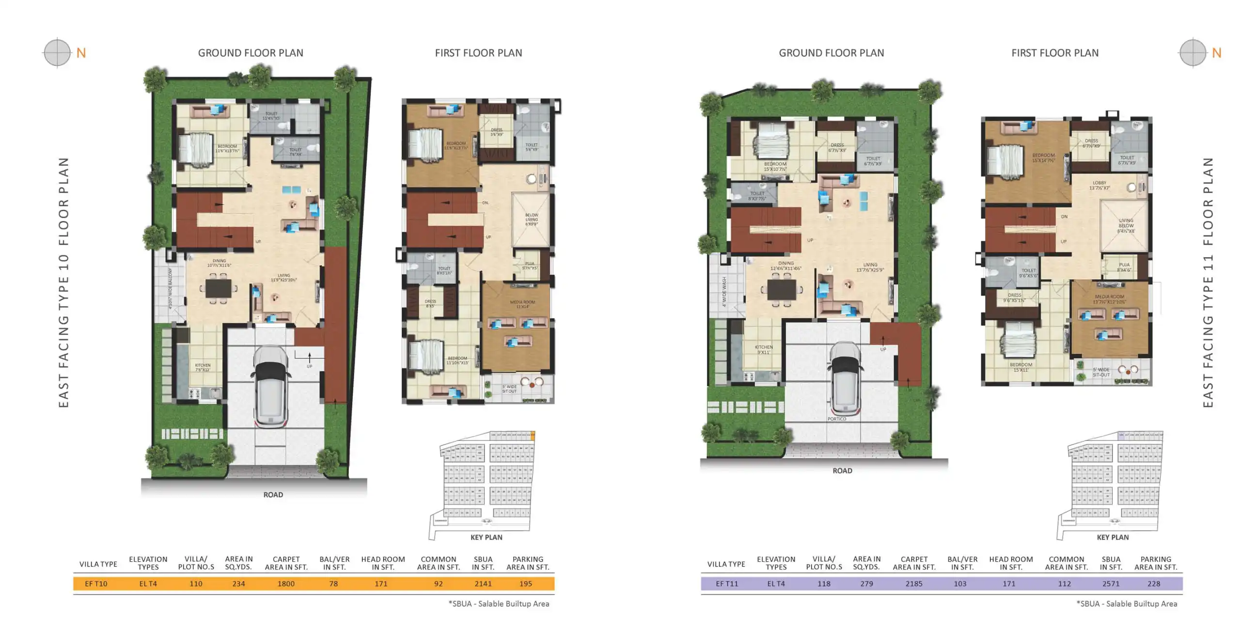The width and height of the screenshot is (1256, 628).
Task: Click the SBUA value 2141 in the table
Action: (x=483, y=583)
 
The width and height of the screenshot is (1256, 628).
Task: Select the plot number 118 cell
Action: (x=823, y=583)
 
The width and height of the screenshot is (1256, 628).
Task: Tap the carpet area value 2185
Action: (x=914, y=583)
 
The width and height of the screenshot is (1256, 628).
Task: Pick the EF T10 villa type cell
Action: (x=96, y=583)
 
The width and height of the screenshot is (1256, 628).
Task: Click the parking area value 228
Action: (x=1154, y=583)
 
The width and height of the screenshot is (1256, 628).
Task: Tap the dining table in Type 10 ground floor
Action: (x=218, y=289)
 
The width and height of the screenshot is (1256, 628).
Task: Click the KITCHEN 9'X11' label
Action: (x=764, y=349)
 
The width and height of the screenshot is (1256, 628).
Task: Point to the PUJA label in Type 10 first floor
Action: (x=530, y=266)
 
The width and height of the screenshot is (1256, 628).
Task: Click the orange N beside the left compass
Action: (x=81, y=53)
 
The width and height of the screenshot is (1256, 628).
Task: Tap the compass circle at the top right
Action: (x=1193, y=52)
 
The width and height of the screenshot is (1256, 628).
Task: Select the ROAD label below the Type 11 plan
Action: (x=842, y=471)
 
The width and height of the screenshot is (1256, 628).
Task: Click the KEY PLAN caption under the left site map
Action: (x=486, y=537)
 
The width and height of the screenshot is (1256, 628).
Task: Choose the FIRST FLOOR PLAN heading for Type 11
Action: (x=1054, y=53)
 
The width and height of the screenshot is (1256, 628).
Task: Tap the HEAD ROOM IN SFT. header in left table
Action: (x=383, y=563)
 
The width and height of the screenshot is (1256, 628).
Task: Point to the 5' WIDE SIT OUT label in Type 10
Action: (x=509, y=389)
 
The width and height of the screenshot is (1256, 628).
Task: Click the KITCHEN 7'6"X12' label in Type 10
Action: (x=203, y=367)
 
